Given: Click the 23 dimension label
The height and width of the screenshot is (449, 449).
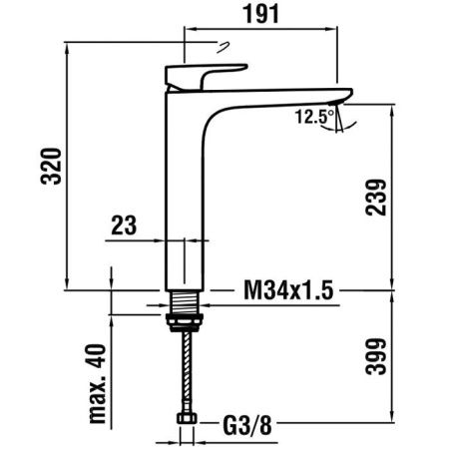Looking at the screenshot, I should coord(124,225).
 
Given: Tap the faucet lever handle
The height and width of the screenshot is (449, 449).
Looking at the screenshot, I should coord(205,76).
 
